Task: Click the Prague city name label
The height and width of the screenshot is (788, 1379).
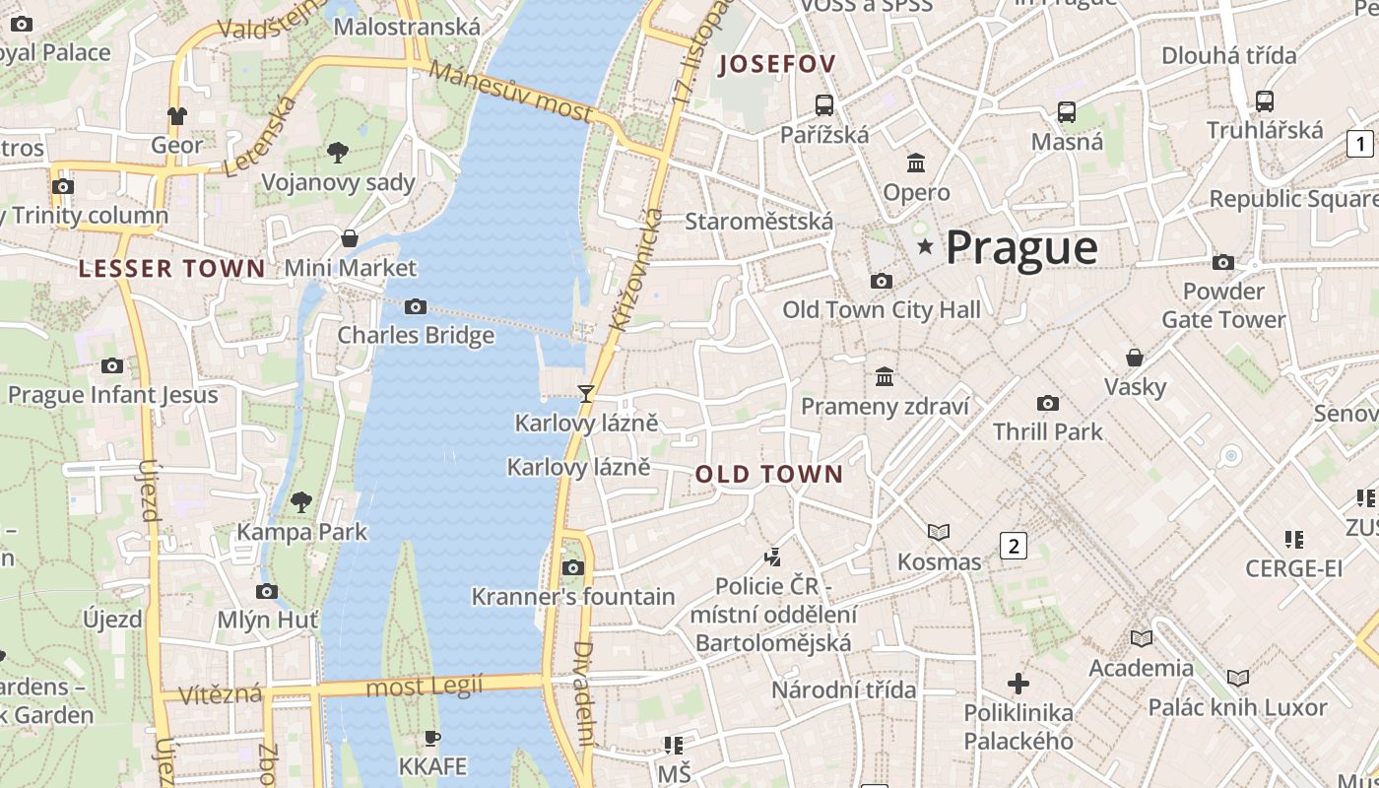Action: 1020,247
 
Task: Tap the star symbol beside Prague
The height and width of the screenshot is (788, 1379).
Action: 924,245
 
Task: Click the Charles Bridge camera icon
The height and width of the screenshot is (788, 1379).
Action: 416,307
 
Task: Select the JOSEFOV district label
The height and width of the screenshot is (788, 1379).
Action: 777,65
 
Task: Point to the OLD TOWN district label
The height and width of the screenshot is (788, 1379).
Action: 769,474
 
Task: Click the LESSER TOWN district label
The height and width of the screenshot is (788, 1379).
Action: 171,268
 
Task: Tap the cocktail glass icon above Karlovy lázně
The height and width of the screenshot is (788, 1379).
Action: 586,394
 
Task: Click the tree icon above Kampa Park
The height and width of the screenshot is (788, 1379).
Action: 301,501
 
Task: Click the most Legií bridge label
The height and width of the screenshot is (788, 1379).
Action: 425,686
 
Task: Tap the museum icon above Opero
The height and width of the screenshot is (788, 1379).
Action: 916,163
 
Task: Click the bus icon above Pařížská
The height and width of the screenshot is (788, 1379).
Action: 824,104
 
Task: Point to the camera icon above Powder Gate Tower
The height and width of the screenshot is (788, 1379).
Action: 1222,262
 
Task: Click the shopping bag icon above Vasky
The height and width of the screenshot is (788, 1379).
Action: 1135,357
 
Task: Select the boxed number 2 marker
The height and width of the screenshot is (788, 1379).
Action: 1013,545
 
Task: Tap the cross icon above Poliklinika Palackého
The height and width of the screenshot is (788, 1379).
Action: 1018,683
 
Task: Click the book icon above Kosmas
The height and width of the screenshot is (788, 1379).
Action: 939,532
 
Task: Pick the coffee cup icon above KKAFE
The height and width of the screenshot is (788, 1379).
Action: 431,738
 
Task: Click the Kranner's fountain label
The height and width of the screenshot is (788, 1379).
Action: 573,596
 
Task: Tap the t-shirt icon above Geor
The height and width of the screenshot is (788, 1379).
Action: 176,116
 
